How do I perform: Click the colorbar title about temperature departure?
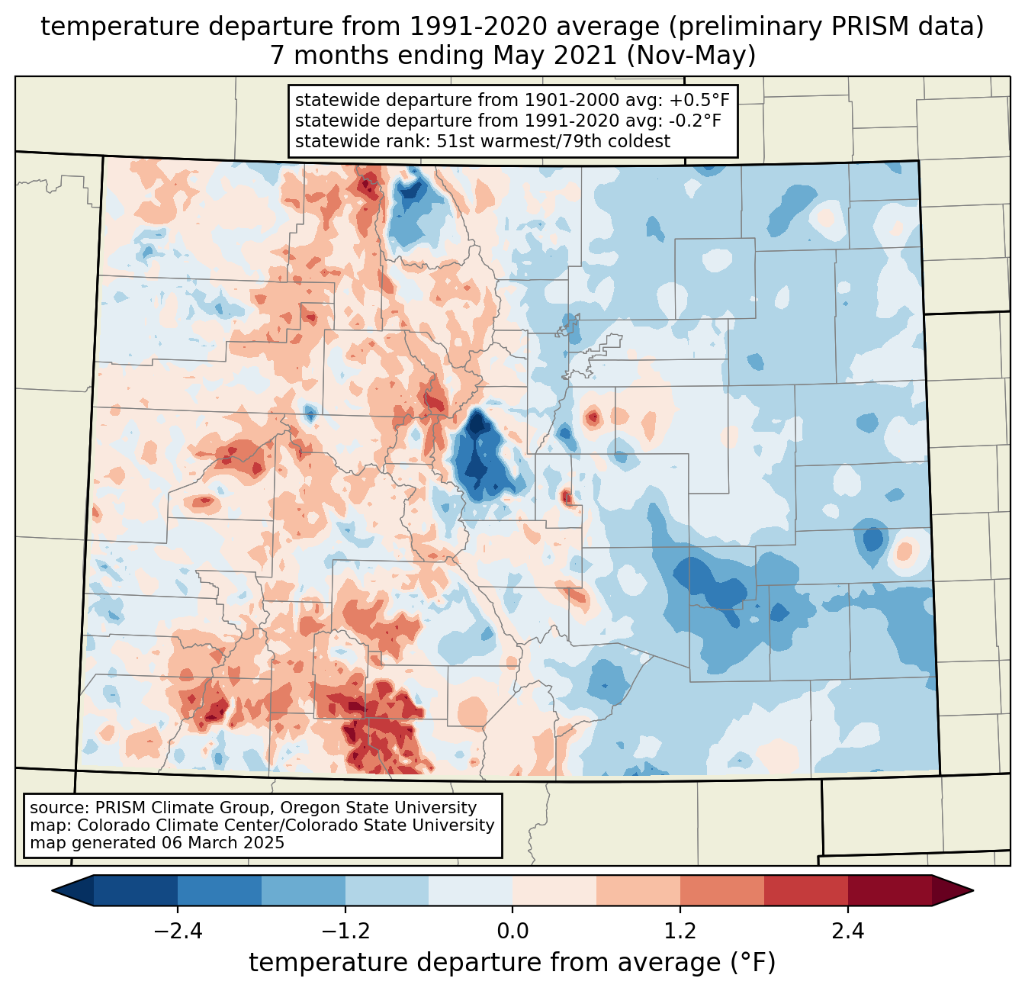[x=512, y=963]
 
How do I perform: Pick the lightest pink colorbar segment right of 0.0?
[x=554, y=890]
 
